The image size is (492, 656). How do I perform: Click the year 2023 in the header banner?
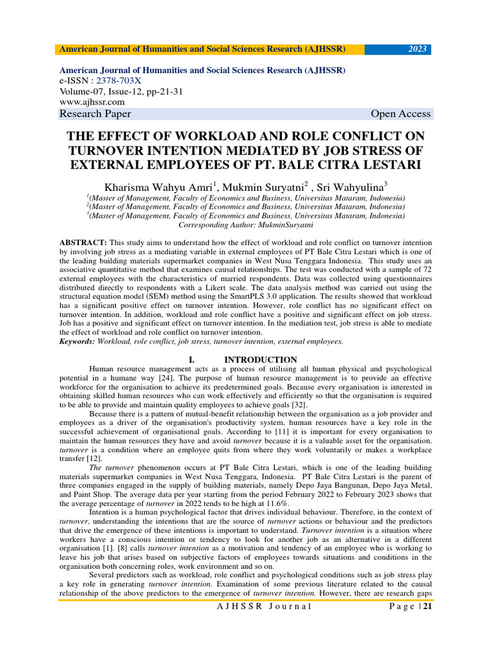(x=418, y=49)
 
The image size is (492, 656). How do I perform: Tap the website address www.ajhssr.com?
(x=92, y=102)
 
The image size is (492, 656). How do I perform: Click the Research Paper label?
(x=95, y=114)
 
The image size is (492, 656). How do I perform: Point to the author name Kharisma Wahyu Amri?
(x=161, y=188)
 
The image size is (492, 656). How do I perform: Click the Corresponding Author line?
(x=245, y=225)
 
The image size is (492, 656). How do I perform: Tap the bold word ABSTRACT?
(x=83, y=243)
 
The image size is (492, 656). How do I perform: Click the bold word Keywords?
(x=76, y=341)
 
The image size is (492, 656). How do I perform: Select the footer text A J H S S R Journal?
(x=264, y=607)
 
